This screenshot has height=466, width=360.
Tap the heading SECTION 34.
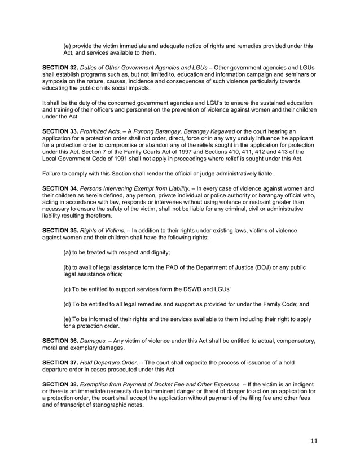click(61, 187)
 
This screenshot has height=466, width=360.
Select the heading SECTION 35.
click(61, 231)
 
